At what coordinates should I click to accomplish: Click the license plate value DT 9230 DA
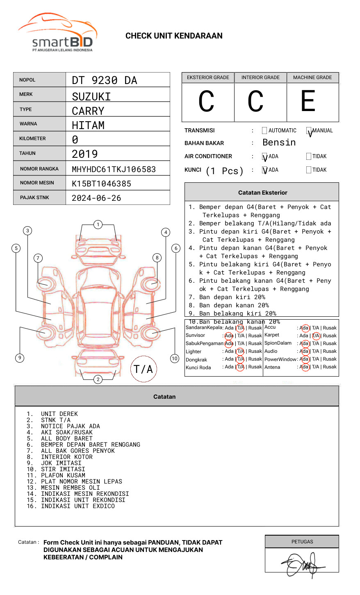click(x=105, y=80)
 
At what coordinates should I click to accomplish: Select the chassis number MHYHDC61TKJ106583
click(x=114, y=169)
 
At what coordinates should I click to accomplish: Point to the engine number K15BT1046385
click(x=101, y=184)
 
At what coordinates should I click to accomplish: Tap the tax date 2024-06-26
click(x=96, y=198)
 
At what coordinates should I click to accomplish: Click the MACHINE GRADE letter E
click(x=308, y=102)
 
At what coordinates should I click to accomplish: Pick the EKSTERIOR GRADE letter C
click(x=206, y=102)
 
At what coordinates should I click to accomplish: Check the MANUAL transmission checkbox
click(x=309, y=131)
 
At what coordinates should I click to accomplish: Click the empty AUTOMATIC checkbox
click(x=264, y=131)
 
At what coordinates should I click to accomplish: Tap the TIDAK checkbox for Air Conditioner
click(x=309, y=157)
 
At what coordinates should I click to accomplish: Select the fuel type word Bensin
click(x=279, y=143)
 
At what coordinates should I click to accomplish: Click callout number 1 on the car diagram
click(x=98, y=225)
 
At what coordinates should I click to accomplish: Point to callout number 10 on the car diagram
click(x=175, y=359)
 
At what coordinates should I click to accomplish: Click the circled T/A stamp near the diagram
click(x=144, y=369)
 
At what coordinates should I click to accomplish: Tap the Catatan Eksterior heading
click(x=262, y=193)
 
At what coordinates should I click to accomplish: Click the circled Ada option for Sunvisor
click(x=229, y=336)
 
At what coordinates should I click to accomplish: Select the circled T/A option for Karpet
click(x=316, y=336)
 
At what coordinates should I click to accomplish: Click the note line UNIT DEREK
click(x=59, y=414)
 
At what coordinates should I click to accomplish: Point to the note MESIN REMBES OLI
click(x=70, y=488)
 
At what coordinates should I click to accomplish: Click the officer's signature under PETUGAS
click(x=302, y=565)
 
